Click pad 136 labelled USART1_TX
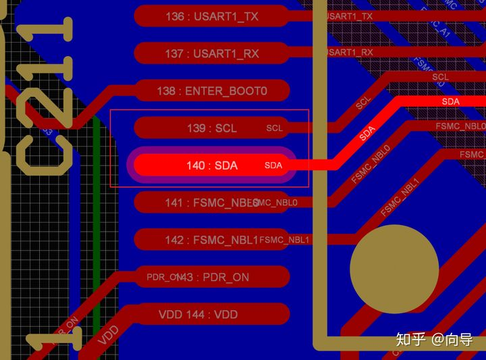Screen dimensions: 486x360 click(x=211, y=16)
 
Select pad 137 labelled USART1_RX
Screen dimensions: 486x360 click(x=211, y=53)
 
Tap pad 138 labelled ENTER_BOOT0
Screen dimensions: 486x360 click(x=212, y=91)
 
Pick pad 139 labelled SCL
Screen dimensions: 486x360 click(x=212, y=128)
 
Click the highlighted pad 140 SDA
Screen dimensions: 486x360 click(x=212, y=165)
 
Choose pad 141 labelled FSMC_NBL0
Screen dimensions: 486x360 click(x=212, y=202)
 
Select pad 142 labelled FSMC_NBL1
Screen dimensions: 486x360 click(x=212, y=239)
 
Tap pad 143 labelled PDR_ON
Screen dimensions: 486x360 click(x=212, y=277)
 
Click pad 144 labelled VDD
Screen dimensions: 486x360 click(x=212, y=314)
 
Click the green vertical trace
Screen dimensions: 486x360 click(x=97, y=230)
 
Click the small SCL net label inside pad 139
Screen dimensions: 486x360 click(x=275, y=128)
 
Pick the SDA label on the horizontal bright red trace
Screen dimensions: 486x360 click(x=451, y=101)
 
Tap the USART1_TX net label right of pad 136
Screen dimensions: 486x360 click(x=349, y=16)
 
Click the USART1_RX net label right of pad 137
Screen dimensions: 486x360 click(x=349, y=52)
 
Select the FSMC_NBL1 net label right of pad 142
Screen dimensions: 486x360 click(x=284, y=240)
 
